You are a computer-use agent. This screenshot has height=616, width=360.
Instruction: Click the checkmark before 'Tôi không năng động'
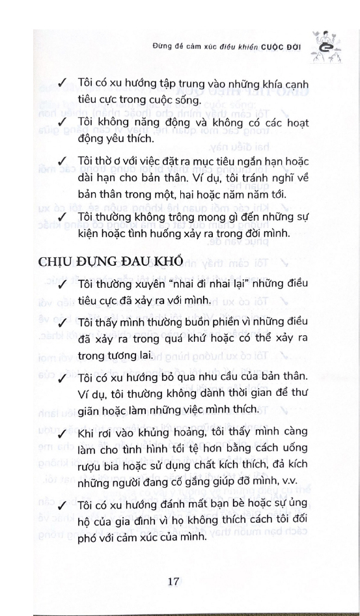point(62,122)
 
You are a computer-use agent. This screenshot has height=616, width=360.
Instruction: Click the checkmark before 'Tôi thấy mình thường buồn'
point(62,324)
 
